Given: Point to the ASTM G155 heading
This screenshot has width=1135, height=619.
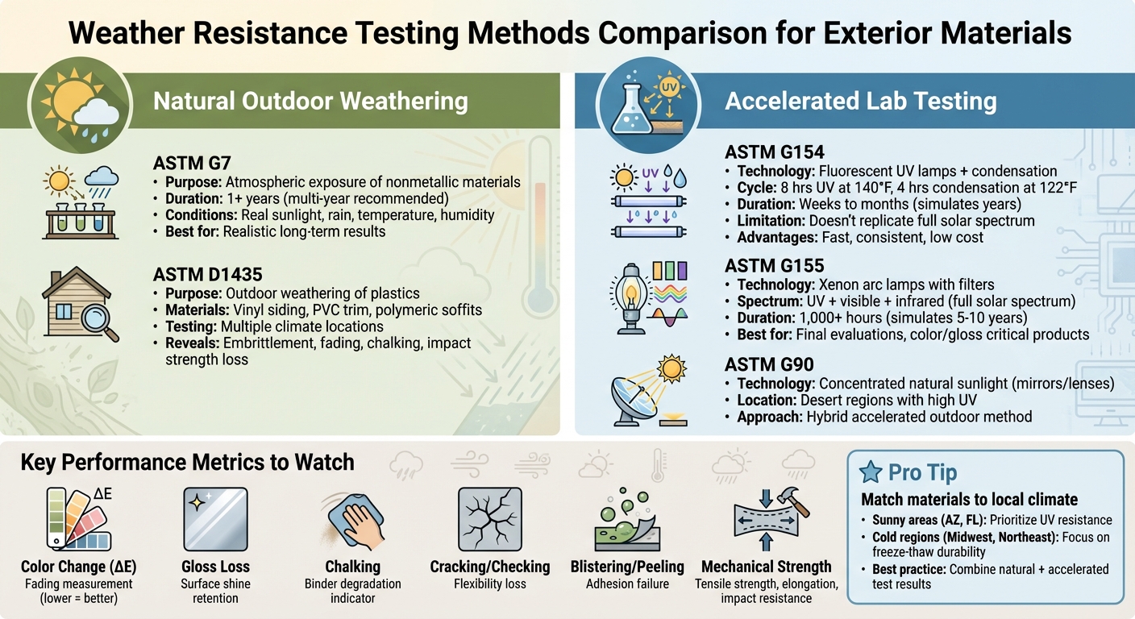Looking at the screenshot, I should (774, 264).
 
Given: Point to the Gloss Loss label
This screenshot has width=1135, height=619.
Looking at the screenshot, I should (215, 567).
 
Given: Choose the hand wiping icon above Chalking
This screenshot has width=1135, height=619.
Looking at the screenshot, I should (352, 520).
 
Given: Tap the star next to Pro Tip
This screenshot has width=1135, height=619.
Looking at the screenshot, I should (871, 473).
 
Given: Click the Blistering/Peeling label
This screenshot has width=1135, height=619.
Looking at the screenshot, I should (626, 567).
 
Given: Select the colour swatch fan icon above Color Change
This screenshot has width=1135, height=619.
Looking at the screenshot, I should (76, 518).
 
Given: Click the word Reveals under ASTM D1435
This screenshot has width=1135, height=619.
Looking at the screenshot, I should (193, 343).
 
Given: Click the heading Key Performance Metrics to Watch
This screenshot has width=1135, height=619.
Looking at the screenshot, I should (187, 463).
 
